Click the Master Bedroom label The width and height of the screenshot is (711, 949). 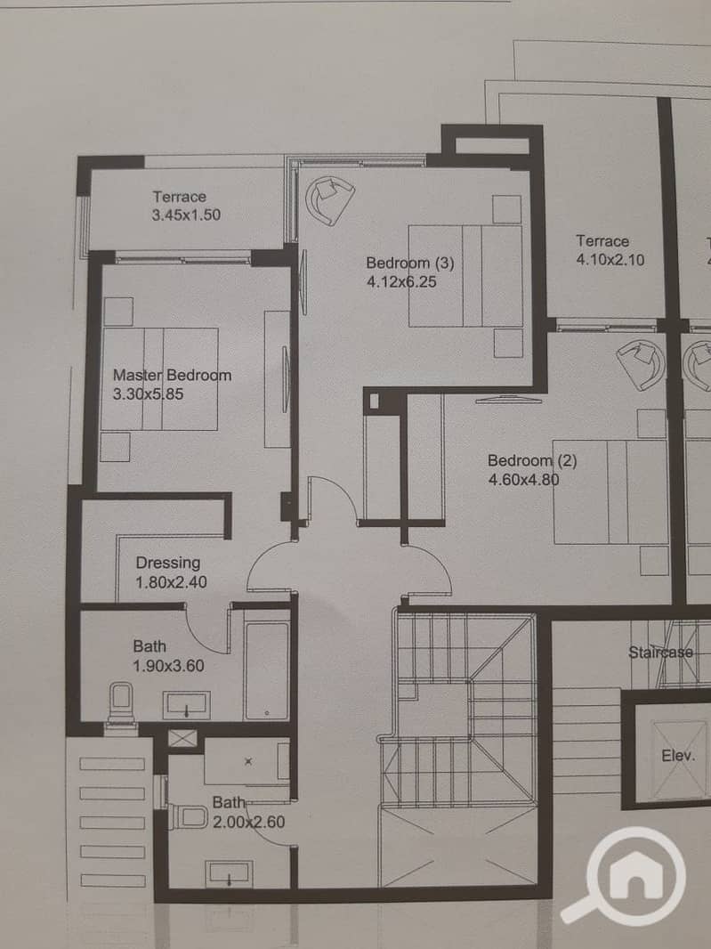click(x=172, y=376)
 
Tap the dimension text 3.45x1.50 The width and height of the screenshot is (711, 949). click(x=186, y=215)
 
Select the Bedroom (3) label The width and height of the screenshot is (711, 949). click(x=409, y=263)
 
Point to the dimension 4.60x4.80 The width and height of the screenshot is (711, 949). click(x=523, y=480)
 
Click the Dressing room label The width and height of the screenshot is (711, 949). click(x=167, y=563)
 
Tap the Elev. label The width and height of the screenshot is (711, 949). click(x=678, y=755)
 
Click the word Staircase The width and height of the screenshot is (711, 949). click(x=660, y=653)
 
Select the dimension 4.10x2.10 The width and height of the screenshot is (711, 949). click(x=610, y=260)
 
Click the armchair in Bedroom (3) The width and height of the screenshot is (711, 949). click(x=329, y=199)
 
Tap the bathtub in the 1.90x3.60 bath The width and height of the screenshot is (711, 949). click(x=267, y=671)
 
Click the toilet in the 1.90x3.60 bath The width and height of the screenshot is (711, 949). click(x=120, y=704)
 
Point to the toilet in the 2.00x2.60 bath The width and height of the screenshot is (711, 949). click(x=188, y=816)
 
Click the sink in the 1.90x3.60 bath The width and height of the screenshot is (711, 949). click(x=186, y=706)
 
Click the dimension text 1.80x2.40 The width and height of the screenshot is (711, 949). click(x=171, y=582)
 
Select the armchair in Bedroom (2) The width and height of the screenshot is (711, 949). click(x=641, y=364)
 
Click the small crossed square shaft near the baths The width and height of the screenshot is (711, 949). click(x=182, y=738)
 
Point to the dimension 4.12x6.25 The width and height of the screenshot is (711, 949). click(x=401, y=282)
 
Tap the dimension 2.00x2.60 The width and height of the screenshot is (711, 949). click(x=248, y=823)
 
